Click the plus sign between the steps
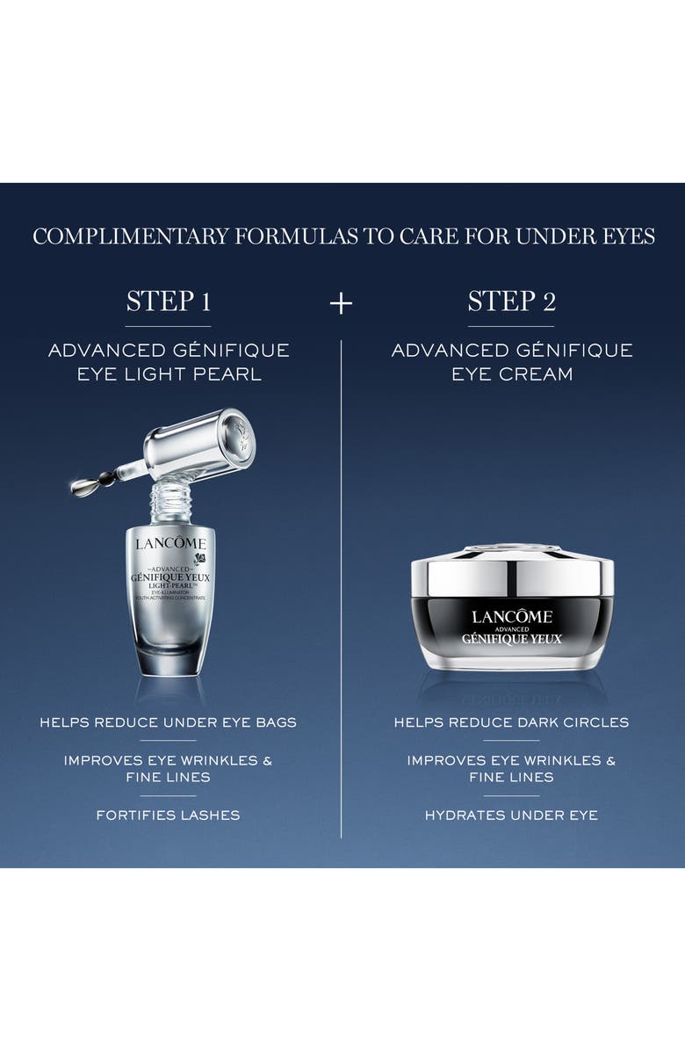[341, 303]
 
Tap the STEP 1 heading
[168, 301]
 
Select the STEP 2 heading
[511, 301]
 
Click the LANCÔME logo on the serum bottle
[170, 542]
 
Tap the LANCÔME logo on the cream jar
[512, 616]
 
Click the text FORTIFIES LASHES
[168, 815]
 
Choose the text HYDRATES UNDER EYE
[511, 815]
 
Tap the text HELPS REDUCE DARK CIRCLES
[511, 722]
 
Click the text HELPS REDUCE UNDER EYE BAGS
[168, 722]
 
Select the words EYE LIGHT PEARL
[168, 373]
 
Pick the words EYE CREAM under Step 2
[511, 373]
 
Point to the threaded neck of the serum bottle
[169, 502]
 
